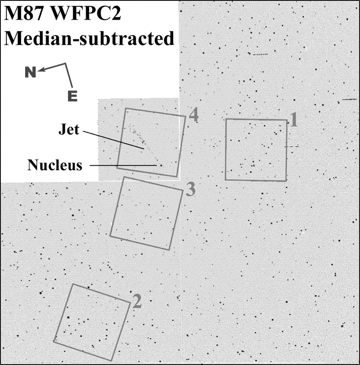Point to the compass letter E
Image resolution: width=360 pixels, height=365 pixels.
(73, 96)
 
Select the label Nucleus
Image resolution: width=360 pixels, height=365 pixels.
(55, 165)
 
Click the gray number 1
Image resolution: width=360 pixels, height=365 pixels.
(294, 120)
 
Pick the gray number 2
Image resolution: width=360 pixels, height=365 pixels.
(137, 301)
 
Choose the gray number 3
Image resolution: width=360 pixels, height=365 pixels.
(190, 190)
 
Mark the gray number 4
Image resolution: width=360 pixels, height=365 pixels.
(193, 114)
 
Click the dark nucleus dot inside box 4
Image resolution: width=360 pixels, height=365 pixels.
(160, 165)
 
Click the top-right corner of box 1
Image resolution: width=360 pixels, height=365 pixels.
(287, 120)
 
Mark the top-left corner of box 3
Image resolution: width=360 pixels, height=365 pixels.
(123, 177)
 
